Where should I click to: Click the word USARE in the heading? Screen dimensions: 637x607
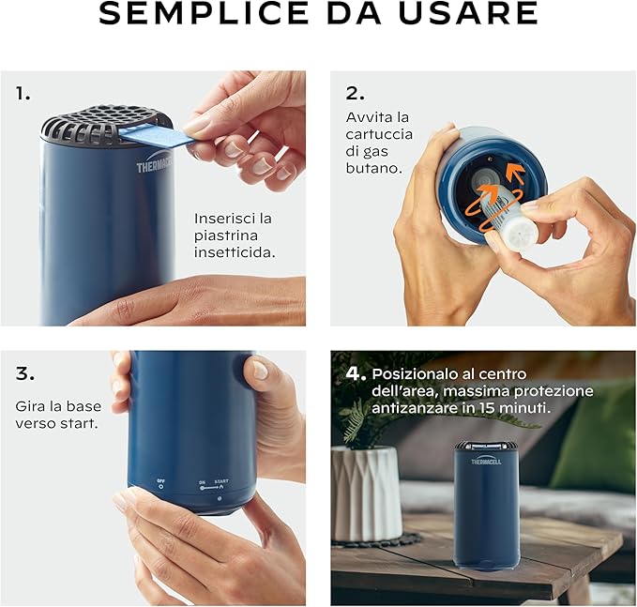pyautogui.click(x=467, y=12)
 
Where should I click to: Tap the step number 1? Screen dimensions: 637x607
pyautogui.click(x=23, y=94)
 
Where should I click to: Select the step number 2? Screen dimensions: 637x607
pyautogui.click(x=355, y=94)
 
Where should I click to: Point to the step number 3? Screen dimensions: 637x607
pyautogui.click(x=24, y=373)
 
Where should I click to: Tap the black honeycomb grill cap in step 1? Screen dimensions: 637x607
pyautogui.click(x=101, y=121)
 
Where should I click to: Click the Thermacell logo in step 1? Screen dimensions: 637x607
pyautogui.click(x=154, y=166)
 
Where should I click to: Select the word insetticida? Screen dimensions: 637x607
pyautogui.click(x=235, y=252)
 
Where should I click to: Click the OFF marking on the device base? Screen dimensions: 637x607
pyautogui.click(x=160, y=482)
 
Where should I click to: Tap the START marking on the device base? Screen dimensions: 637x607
pyautogui.click(x=221, y=481)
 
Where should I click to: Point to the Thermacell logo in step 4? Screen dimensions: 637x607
pyautogui.click(x=486, y=461)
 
